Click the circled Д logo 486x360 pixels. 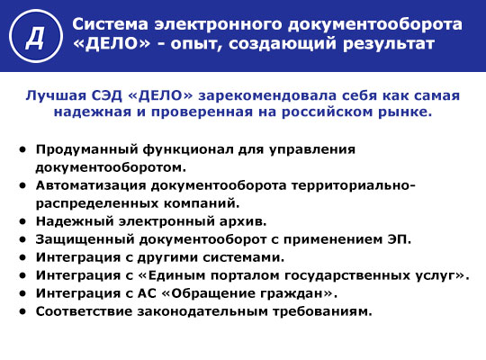[36, 36]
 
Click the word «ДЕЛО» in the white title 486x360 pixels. [112, 44]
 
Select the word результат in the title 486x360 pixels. [389, 44]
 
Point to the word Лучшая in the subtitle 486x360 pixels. [56, 95]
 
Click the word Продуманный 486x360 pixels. [86, 149]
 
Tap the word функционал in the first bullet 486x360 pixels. [188, 149]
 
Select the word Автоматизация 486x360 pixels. [91, 185]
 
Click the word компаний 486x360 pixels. [202, 203]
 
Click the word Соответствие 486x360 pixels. [84, 311]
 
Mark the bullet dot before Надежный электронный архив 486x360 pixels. [22, 221]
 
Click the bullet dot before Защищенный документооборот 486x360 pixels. [22, 239]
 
